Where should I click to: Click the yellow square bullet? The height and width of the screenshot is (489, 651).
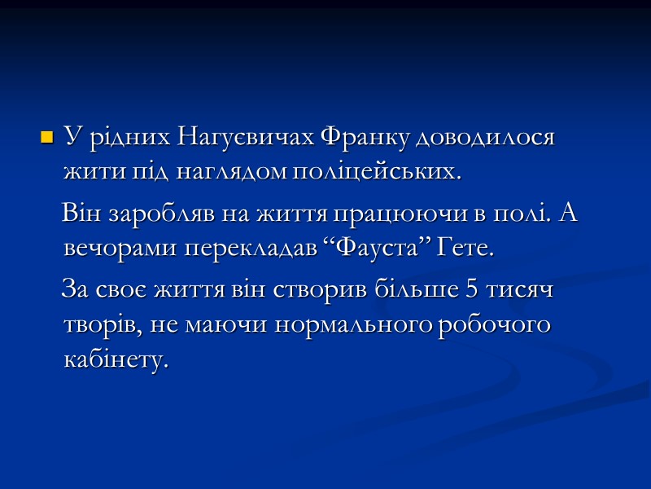tap(46, 137)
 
